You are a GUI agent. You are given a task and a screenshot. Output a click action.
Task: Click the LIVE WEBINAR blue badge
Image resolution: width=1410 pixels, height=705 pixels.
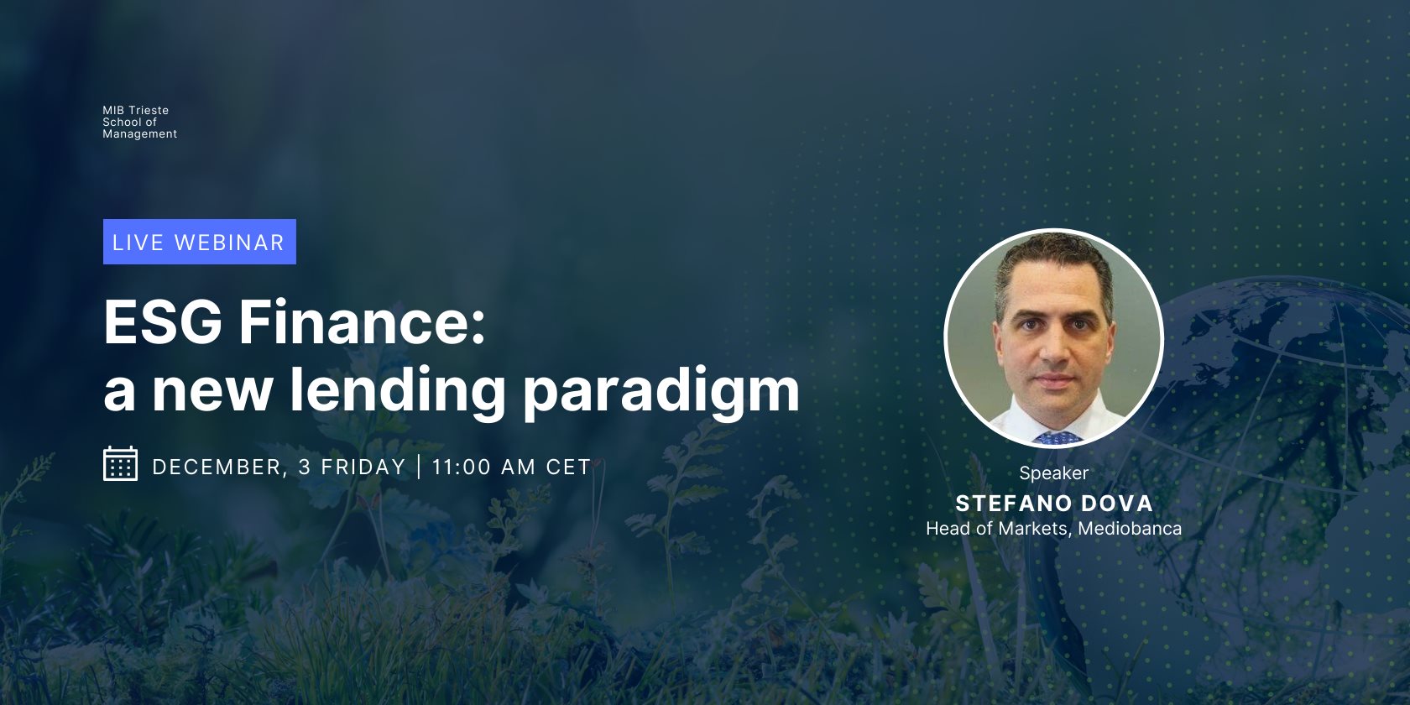[199, 242]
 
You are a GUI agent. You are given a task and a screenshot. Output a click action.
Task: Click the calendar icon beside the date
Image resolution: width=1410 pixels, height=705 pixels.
[120, 464]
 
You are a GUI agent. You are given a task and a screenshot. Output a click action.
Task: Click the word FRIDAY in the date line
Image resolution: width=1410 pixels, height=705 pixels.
[363, 467]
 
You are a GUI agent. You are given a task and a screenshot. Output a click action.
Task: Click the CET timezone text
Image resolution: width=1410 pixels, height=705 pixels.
[568, 467]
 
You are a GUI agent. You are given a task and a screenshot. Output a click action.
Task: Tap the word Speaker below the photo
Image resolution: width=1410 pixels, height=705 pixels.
[1053, 473]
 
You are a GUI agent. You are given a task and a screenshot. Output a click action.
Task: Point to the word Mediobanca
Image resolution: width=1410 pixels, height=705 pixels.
[1130, 529]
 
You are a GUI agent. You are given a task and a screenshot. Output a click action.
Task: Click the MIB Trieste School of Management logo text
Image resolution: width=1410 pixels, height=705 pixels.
[139, 123]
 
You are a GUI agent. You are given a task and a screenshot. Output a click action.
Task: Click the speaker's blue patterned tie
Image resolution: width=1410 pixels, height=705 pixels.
[1057, 437]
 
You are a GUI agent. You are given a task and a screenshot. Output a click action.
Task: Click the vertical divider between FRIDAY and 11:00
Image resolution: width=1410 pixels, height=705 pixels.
[419, 467]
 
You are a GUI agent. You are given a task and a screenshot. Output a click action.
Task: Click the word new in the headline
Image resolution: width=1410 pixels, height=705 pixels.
[212, 391]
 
